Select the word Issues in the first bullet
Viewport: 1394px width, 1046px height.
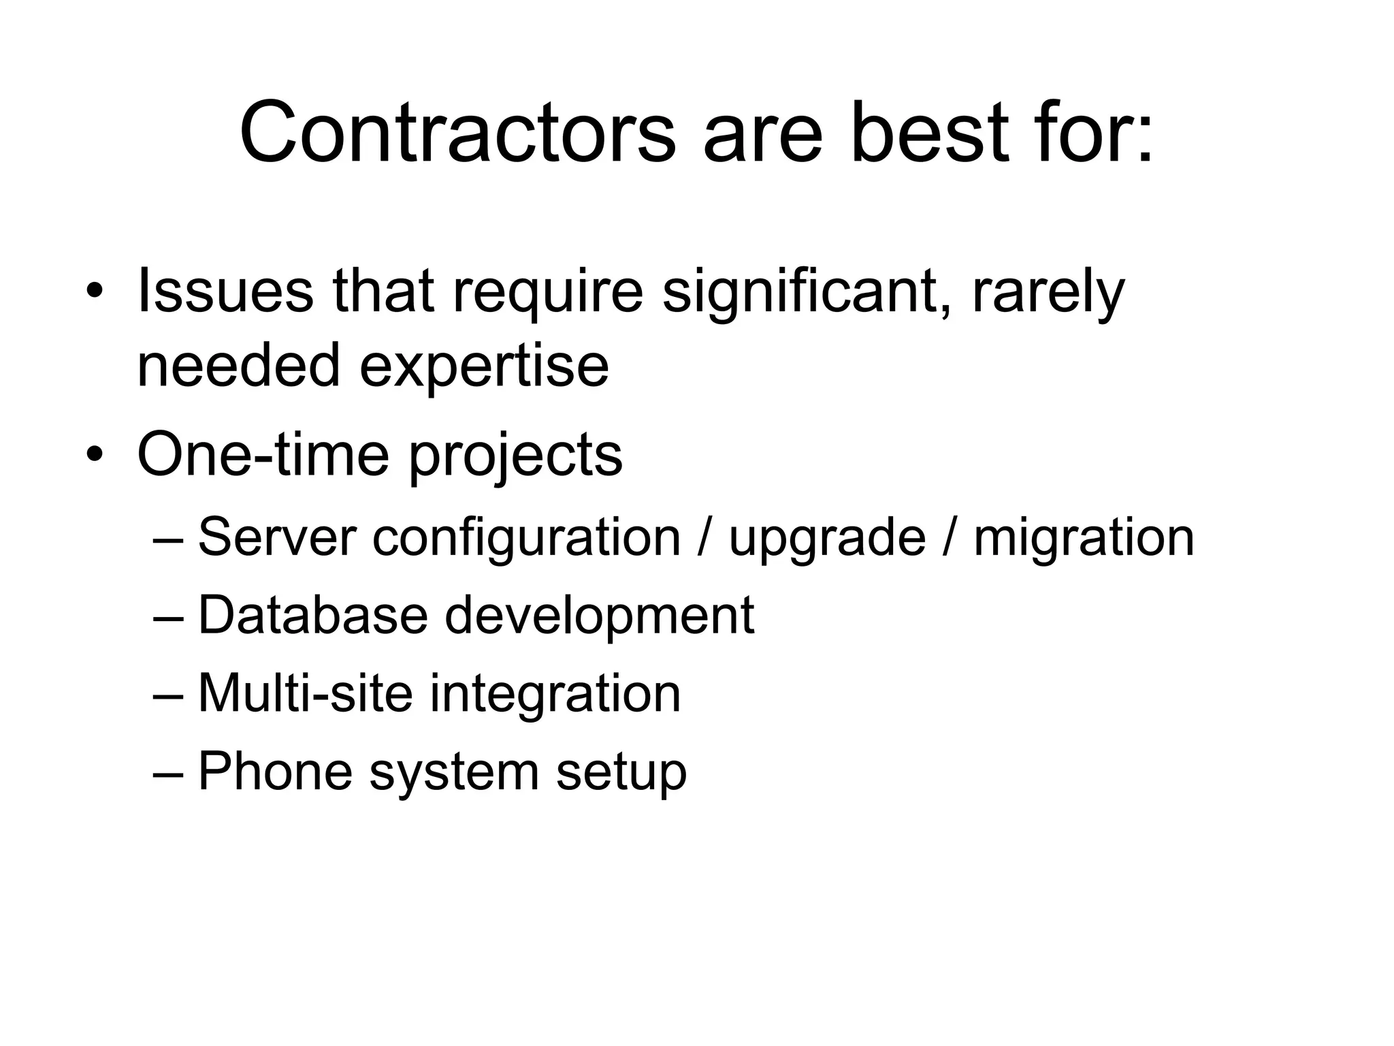(225, 291)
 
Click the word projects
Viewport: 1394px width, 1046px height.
(515, 456)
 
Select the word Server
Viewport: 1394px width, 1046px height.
(276, 537)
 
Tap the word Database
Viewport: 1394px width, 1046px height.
(312, 615)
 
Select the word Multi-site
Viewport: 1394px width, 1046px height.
(305, 693)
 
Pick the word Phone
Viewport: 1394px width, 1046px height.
(275, 771)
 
